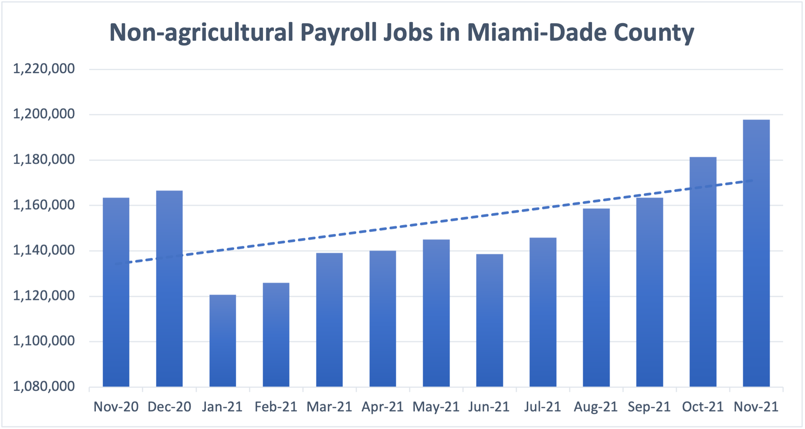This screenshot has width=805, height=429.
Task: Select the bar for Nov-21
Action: (x=756, y=254)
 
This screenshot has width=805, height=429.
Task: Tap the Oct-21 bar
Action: (x=703, y=272)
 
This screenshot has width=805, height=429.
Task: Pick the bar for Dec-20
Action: (x=169, y=289)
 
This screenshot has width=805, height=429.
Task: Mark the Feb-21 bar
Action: (x=276, y=335)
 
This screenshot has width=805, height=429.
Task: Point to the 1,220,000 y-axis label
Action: (x=44, y=69)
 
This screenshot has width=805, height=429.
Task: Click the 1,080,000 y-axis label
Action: (x=44, y=386)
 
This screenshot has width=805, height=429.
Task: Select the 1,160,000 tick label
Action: (x=44, y=205)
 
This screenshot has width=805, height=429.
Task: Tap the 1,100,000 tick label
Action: (x=44, y=341)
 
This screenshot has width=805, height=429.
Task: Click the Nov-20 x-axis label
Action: (x=116, y=407)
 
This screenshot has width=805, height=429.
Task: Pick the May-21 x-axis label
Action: (x=436, y=407)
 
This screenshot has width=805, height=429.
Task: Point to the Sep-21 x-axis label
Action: (x=649, y=407)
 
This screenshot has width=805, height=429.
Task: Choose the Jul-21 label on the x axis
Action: (x=542, y=407)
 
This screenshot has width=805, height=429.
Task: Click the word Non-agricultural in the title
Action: (x=201, y=33)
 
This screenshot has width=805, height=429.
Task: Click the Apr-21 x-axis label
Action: (x=383, y=407)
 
